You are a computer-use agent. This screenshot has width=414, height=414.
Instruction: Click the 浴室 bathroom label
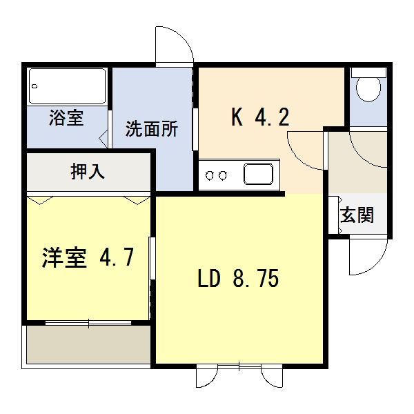tap(66, 117)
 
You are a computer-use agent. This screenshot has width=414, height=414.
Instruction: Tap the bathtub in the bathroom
tap(68, 86)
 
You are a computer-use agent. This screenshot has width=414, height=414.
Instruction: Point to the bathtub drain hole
tap(34, 86)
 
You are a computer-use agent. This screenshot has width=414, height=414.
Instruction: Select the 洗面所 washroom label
tap(152, 129)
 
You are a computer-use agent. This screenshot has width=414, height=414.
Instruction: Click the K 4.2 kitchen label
tap(260, 117)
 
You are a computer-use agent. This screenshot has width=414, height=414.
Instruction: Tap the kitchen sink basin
tap(259, 174)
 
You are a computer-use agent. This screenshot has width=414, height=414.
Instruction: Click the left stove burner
tap(210, 175)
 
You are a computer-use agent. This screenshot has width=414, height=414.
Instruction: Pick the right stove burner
tap(223, 175)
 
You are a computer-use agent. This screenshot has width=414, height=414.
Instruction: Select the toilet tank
tap(368, 72)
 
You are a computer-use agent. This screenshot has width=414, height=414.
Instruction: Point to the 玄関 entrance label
tap(357, 215)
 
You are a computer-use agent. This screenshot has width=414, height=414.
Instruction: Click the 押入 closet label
tap(88, 172)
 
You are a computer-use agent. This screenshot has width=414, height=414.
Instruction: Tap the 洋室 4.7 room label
tap(88, 257)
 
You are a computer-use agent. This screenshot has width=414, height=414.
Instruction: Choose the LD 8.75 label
tap(238, 278)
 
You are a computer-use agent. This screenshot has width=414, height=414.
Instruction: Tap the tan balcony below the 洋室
tap(89, 344)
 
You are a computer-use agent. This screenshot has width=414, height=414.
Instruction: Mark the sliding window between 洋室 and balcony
tap(88, 323)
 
